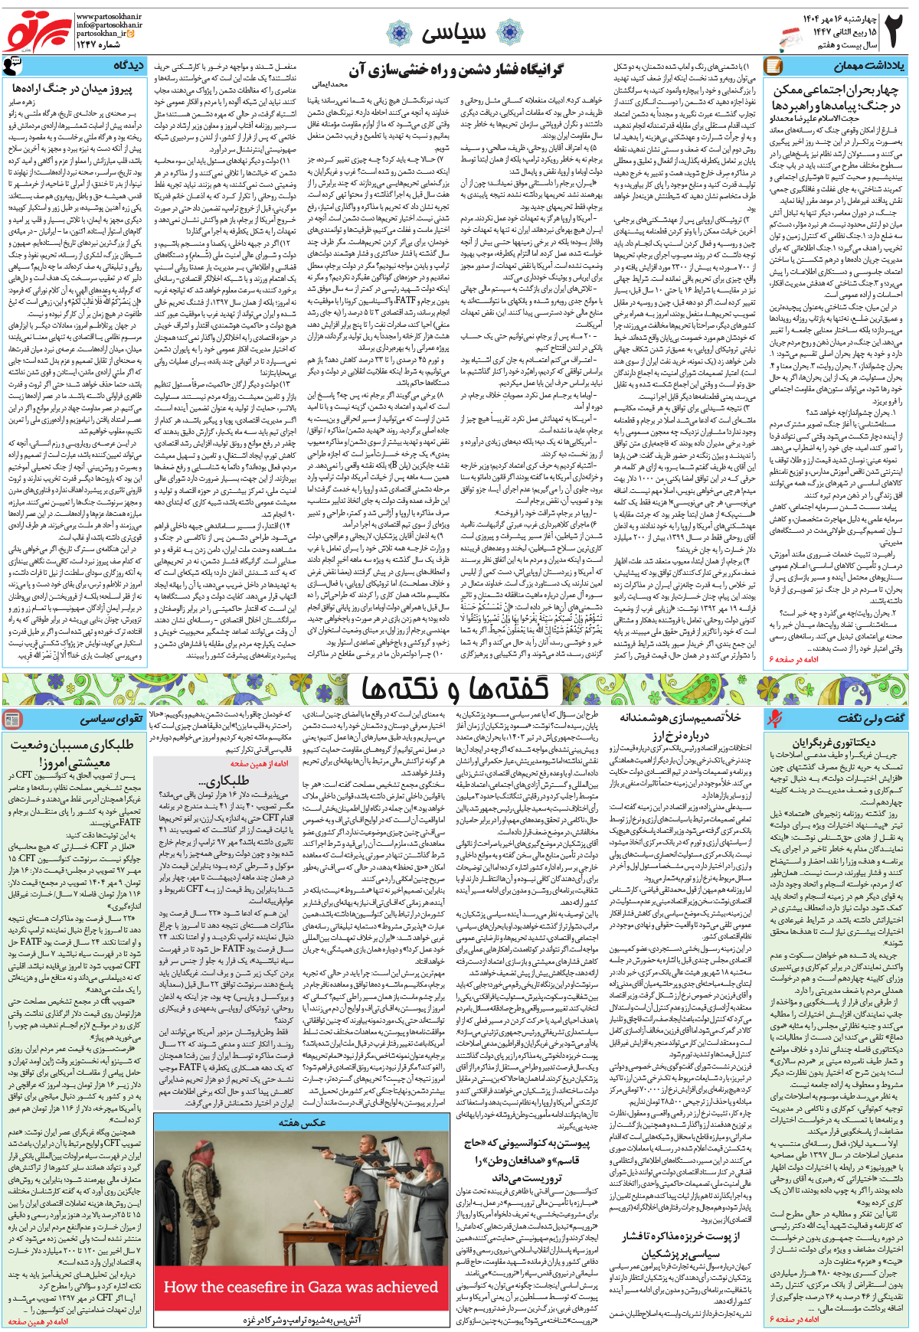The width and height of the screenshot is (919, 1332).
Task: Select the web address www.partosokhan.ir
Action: coord(110,16)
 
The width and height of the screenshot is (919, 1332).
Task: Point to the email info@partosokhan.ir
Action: coord(110,25)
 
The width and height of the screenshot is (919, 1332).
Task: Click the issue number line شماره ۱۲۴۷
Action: coord(97,44)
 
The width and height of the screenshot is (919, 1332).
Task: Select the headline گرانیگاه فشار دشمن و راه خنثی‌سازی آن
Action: coord(456,70)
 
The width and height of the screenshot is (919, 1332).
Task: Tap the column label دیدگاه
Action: coord(128,66)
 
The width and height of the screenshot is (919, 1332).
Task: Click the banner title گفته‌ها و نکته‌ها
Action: coord(455,689)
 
